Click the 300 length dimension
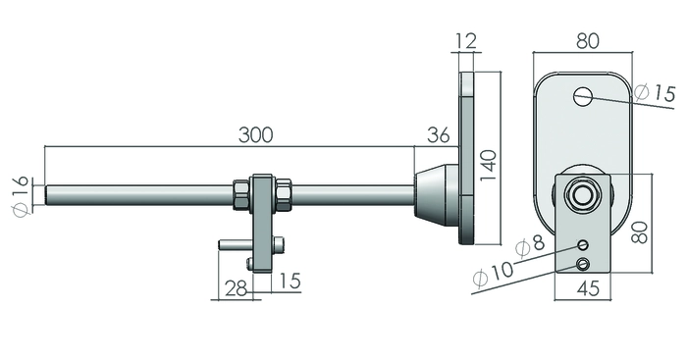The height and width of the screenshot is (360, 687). click(255, 135)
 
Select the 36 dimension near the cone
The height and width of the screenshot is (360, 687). click(439, 135)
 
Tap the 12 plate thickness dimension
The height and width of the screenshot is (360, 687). click(465, 41)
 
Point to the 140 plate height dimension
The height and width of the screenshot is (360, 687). click(488, 166)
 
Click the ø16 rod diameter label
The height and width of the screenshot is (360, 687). click(21, 195)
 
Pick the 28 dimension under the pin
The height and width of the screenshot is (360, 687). click(236, 289)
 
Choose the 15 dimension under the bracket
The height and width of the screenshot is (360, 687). click(290, 281)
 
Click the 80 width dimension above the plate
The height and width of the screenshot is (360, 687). click(588, 41)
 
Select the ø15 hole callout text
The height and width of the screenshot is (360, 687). click(655, 92)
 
